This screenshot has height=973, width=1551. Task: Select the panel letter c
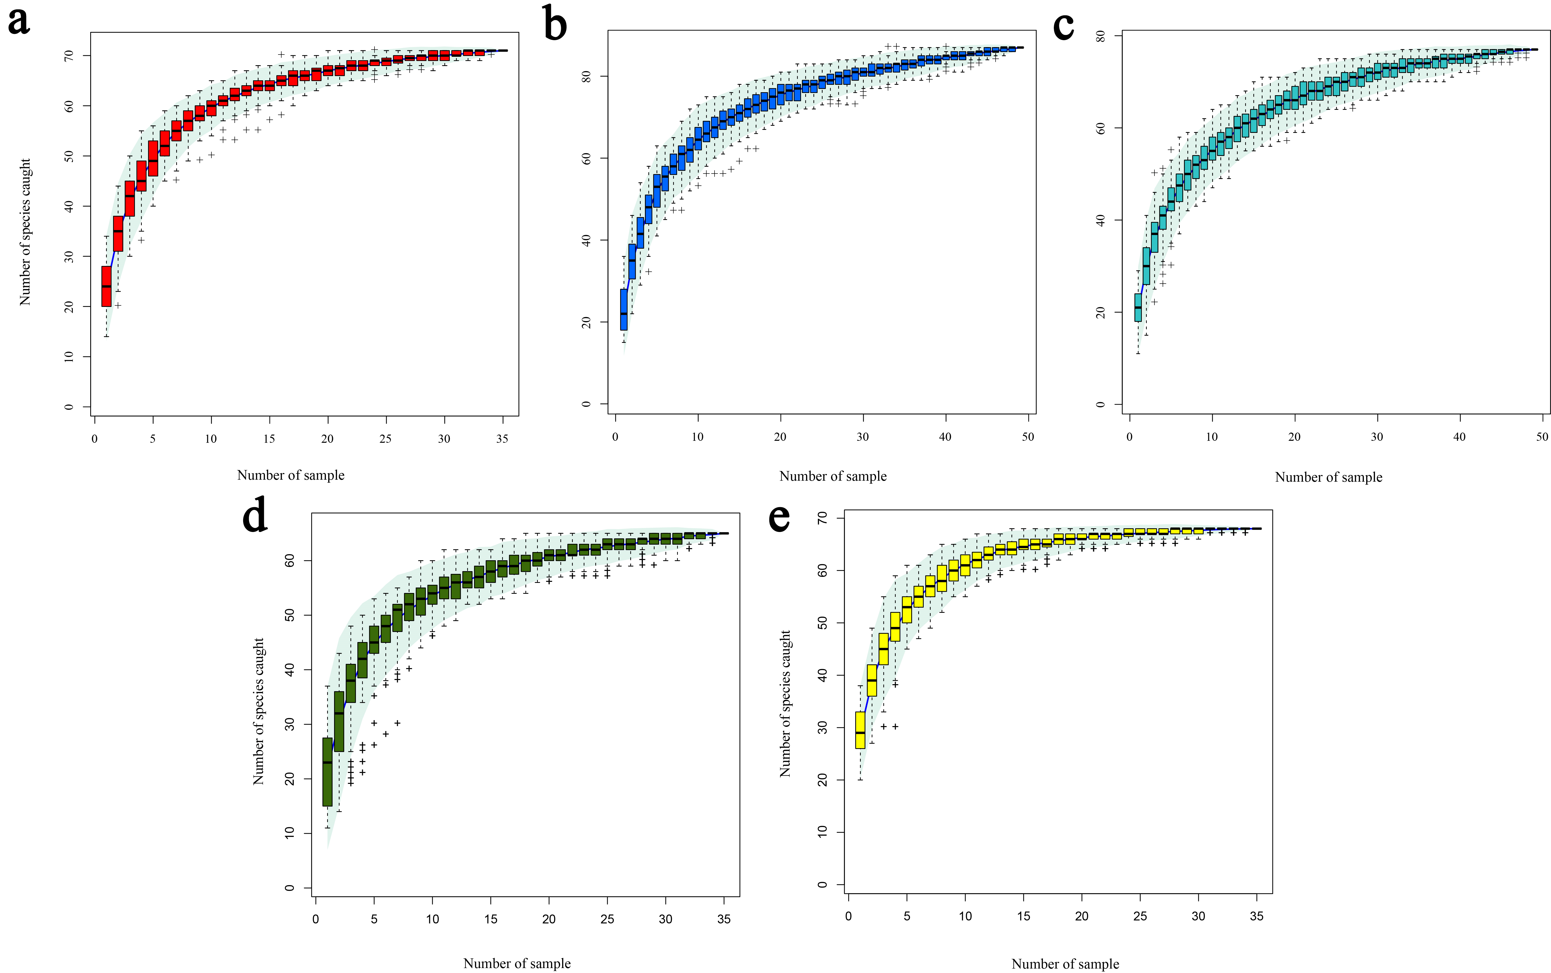[1063, 26]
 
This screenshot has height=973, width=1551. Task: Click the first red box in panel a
[106, 286]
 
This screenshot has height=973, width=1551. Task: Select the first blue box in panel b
[623, 310]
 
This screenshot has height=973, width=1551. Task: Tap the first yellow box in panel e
[860, 730]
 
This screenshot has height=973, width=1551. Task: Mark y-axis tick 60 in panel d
[289, 561]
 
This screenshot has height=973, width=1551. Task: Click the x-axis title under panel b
[833, 476]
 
